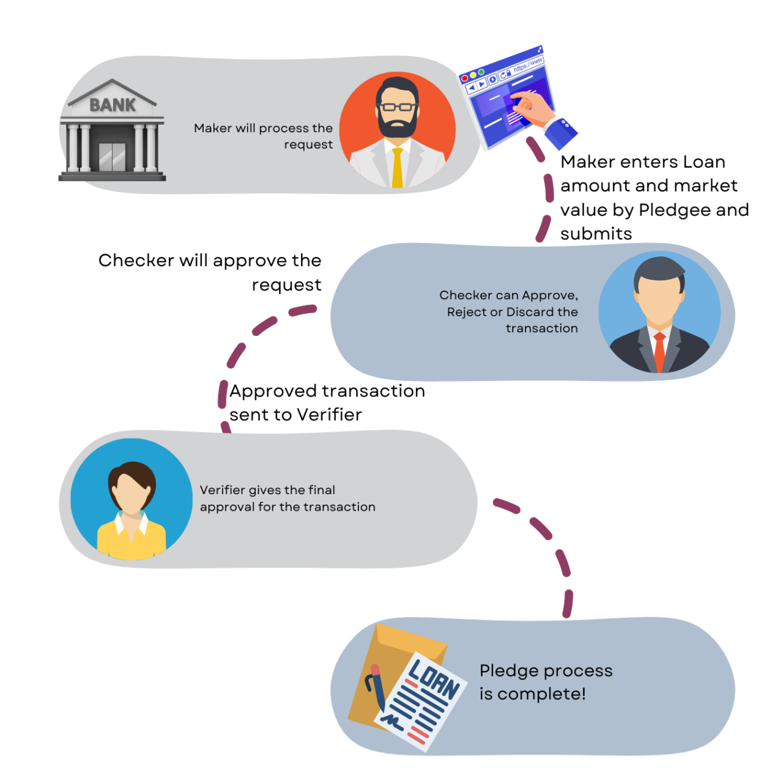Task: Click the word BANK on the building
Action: coord(113,105)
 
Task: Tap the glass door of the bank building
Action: coord(112,156)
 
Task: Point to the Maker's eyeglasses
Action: coord(398,107)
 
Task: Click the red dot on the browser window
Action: coord(465,79)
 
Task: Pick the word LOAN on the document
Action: coord(434,677)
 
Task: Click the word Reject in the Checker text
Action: coord(466,312)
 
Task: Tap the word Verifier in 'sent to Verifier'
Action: coord(330,415)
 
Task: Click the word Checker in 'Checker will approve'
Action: coord(136,261)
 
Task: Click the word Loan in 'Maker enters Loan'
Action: coord(704,162)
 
